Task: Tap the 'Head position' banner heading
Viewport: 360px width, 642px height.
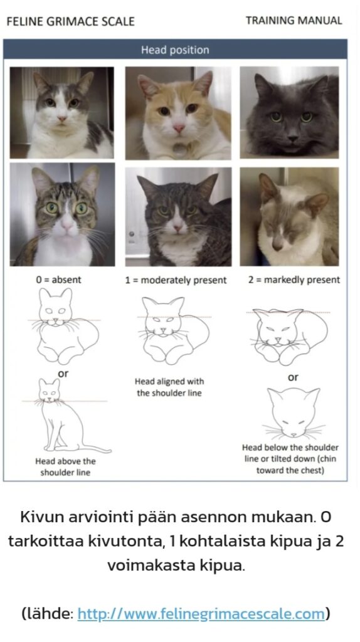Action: point(175,50)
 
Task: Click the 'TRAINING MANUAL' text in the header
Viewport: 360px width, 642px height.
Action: point(294,21)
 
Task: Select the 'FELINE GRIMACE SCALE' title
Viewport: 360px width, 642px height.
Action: point(70,21)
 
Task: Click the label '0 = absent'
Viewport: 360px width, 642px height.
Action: point(58,280)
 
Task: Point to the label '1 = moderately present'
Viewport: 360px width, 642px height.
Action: point(176,280)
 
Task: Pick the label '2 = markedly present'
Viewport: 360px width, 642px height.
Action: point(294,280)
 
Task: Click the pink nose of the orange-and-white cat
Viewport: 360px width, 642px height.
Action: point(179,129)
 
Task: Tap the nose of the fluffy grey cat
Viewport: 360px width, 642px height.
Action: point(292,139)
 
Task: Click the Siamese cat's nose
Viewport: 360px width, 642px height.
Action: point(277,246)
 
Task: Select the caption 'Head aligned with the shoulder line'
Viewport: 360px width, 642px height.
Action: point(169,387)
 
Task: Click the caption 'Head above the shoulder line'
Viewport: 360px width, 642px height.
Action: point(65,466)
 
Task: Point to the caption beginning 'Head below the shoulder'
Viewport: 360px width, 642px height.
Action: point(290,459)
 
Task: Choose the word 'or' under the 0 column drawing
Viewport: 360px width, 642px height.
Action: point(63,374)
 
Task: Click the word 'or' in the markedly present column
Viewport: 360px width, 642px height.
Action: point(294,377)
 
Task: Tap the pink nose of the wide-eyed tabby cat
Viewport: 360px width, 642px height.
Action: point(66,225)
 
